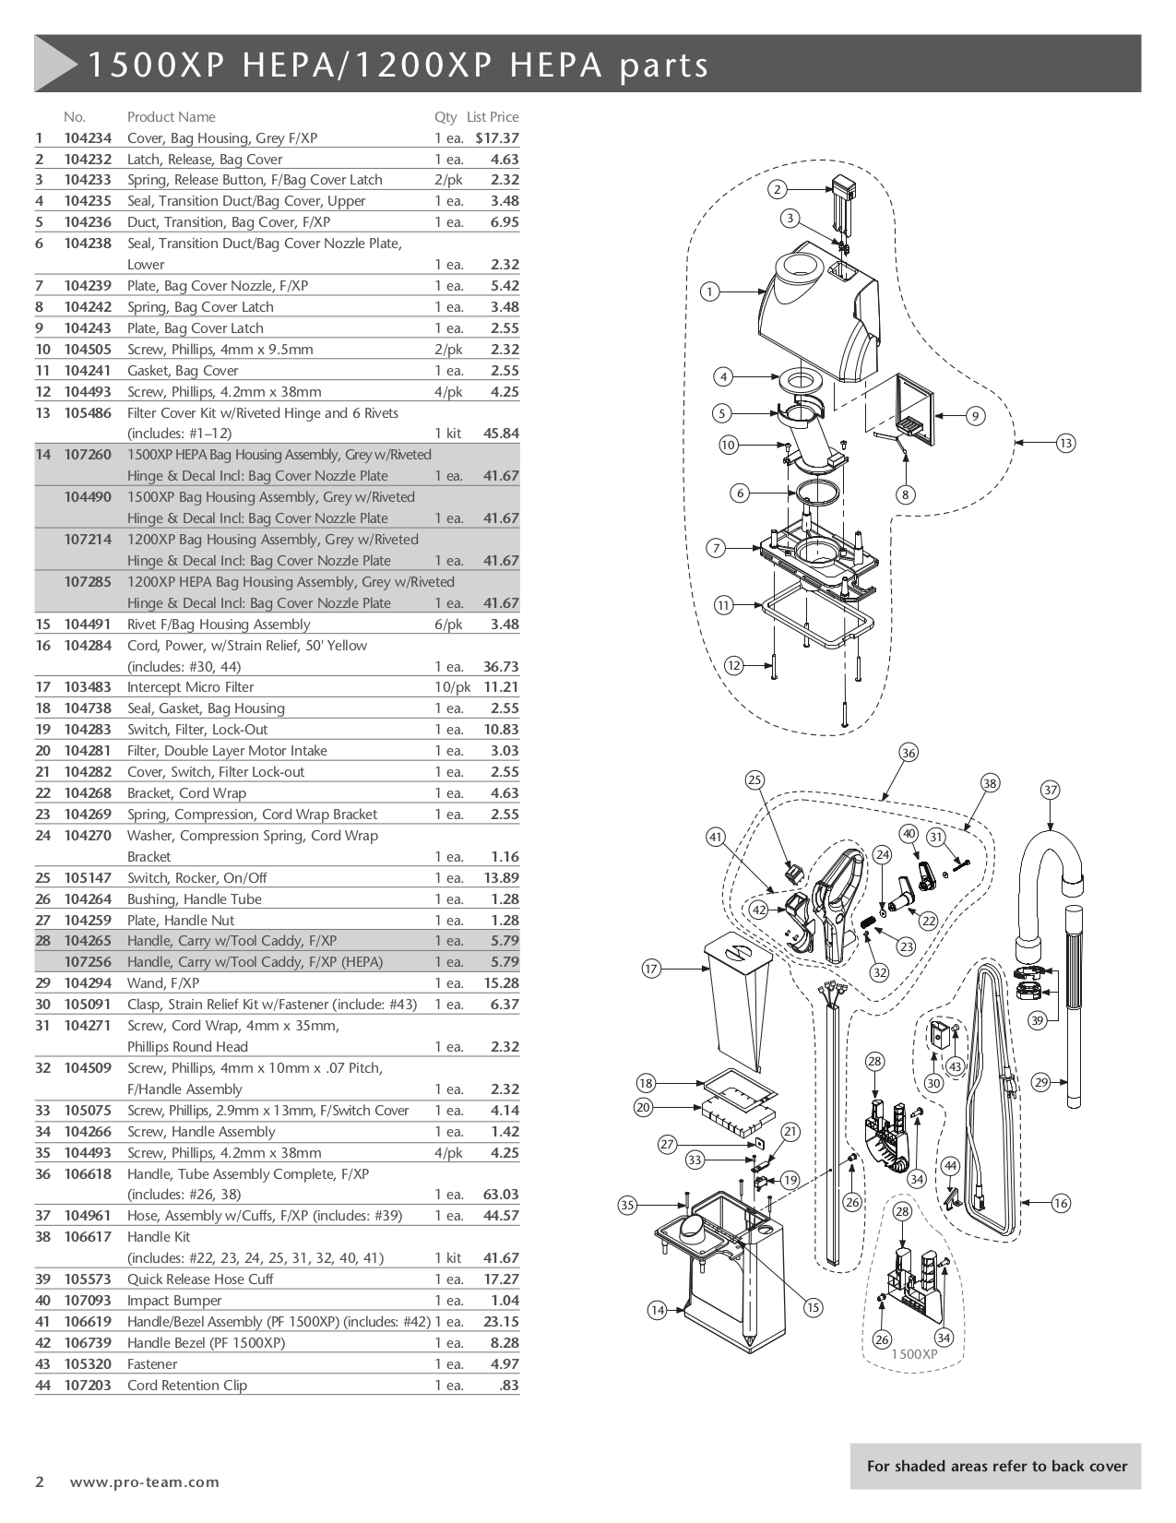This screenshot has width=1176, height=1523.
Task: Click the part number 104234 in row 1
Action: pyautogui.click(x=88, y=138)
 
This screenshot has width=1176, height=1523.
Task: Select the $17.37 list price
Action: pyautogui.click(x=497, y=138)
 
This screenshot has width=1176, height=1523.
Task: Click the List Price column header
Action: pyautogui.click(x=493, y=117)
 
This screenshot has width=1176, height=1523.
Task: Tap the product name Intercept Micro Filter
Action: pyautogui.click(x=190, y=687)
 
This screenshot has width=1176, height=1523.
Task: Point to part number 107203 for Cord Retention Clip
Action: pyautogui.click(x=88, y=1386)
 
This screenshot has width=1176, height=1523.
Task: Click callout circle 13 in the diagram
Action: pyautogui.click(x=1065, y=444)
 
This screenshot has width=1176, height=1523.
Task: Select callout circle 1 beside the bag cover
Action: pyautogui.click(x=709, y=292)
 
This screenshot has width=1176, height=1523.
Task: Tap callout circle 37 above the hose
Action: pyautogui.click(x=1050, y=790)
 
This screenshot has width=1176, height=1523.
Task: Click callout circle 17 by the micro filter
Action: pyautogui.click(x=652, y=969)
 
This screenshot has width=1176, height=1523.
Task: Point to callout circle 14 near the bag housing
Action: pyautogui.click(x=657, y=1310)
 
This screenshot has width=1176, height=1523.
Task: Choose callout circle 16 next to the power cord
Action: pyautogui.click(x=1060, y=1203)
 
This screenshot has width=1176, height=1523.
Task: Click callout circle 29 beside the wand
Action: pyautogui.click(x=1041, y=1082)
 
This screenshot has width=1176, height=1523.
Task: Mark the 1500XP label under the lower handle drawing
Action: pyautogui.click(x=913, y=1354)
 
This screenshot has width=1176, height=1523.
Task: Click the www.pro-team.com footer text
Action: pyautogui.click(x=145, y=1482)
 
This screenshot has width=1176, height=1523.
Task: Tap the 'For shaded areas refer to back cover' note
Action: pyautogui.click(x=996, y=1466)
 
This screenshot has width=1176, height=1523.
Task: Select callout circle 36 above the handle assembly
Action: pyautogui.click(x=909, y=753)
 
